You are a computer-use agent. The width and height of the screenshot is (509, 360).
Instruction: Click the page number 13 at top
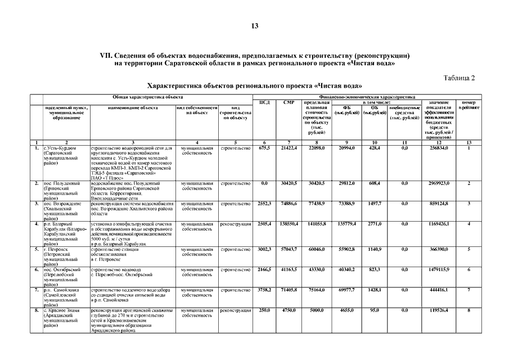tap(254, 26)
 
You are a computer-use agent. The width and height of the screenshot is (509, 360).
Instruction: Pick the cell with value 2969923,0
tap(438, 183)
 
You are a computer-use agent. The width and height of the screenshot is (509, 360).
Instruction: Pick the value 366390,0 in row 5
tap(438, 249)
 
